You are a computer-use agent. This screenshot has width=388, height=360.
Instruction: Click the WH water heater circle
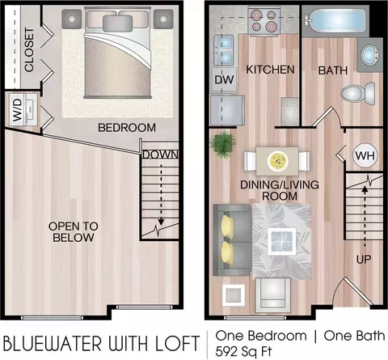(x=365, y=156)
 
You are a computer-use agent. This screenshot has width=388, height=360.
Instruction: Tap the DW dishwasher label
(x=224, y=79)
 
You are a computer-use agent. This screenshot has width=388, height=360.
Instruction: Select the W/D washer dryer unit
(x=23, y=109)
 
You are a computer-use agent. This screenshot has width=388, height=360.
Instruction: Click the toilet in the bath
(x=358, y=94)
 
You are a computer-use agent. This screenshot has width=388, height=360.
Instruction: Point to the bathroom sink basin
(x=369, y=55)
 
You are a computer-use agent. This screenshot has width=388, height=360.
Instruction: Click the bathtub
(x=335, y=20)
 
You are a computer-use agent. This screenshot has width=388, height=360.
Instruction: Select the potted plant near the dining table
(x=222, y=144)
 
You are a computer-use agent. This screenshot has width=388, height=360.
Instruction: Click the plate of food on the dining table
(x=278, y=161)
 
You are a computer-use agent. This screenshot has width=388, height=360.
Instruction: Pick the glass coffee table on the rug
(x=281, y=241)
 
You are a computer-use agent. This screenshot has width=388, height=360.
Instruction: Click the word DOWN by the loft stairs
(x=160, y=155)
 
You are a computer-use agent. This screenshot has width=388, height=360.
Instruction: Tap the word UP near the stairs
(x=364, y=259)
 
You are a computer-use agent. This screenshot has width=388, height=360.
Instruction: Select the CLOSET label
(x=29, y=49)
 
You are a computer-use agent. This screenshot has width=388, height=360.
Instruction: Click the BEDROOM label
(x=127, y=128)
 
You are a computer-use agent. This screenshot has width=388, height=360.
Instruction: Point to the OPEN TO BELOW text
(x=74, y=232)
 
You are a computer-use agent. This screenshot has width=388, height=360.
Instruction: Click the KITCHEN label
(x=270, y=70)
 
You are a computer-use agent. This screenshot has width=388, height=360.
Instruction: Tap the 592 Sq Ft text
(x=243, y=352)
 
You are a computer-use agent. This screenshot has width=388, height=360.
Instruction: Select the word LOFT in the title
(x=178, y=343)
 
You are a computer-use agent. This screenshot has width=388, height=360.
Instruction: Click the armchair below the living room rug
(x=273, y=295)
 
